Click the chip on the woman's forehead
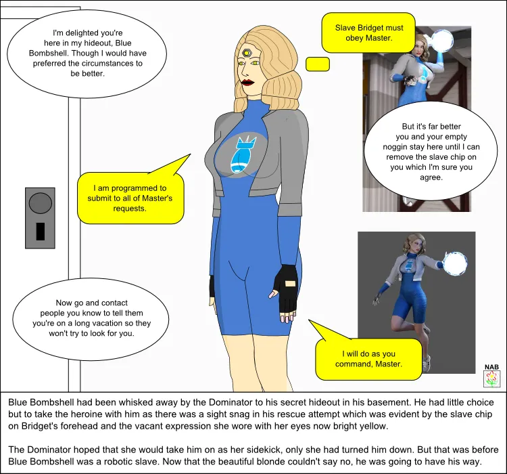[247, 52]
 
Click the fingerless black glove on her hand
[289, 288]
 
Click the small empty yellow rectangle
[318, 64]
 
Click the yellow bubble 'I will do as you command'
[368, 358]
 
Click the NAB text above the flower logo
[491, 368]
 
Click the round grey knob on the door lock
[41, 202]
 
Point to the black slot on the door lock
[41, 231]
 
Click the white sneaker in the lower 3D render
[426, 365]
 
